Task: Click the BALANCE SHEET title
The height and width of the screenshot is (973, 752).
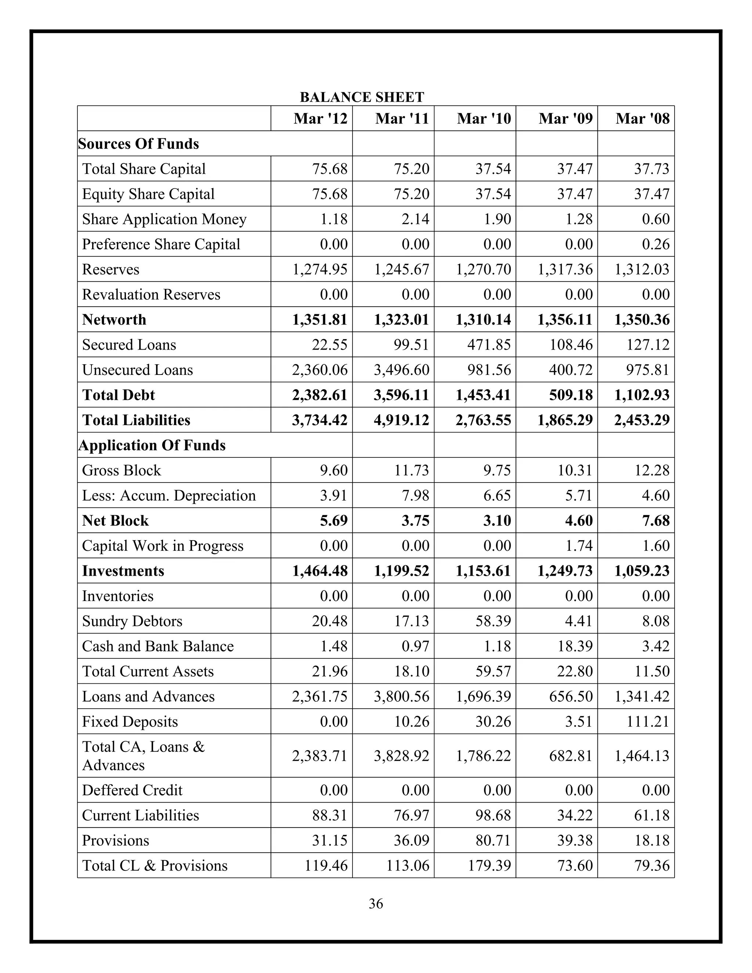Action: (362, 97)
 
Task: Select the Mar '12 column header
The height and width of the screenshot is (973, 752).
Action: (320, 119)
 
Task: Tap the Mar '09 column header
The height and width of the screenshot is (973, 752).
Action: (565, 119)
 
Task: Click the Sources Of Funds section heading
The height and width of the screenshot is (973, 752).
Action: (138, 144)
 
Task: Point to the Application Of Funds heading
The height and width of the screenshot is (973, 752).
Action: (152, 445)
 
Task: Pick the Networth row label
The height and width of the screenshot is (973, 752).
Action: (114, 319)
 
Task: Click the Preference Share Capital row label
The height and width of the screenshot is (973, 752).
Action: (161, 244)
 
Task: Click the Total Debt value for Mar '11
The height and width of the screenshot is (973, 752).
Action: (401, 395)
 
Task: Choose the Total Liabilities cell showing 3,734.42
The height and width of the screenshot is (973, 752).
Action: (319, 420)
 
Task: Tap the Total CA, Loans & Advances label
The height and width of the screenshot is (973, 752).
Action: (144, 756)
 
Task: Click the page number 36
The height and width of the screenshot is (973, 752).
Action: (376, 904)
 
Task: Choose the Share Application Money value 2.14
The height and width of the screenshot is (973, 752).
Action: (415, 219)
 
